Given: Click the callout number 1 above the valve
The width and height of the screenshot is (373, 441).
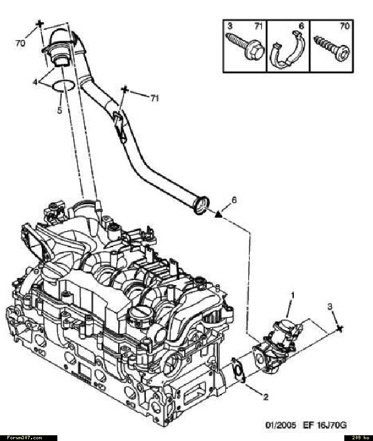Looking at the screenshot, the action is [293, 295].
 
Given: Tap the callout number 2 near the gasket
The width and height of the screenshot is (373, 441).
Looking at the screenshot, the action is [265, 397].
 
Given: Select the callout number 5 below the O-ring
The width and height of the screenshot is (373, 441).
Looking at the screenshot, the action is [60, 110].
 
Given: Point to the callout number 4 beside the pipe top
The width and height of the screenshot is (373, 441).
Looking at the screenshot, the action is [35, 82].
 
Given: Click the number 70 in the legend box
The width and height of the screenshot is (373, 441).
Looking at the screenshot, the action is [344, 26].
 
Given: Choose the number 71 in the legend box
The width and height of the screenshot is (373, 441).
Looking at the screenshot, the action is [258, 26].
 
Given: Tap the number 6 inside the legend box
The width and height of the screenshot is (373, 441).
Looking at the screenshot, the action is [301, 26].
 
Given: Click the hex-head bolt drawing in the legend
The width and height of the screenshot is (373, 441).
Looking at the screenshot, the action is [244, 46].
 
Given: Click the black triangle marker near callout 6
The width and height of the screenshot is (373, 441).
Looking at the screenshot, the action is [218, 215].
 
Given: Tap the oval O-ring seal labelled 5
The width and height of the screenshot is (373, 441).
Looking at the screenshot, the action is [64, 86].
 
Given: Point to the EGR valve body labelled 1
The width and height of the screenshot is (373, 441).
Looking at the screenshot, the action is [278, 346].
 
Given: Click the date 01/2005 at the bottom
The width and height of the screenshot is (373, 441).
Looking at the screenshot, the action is [281, 425].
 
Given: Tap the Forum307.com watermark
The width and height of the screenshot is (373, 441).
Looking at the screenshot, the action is [25, 438].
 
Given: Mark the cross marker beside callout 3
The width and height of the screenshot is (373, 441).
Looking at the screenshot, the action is [340, 328].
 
